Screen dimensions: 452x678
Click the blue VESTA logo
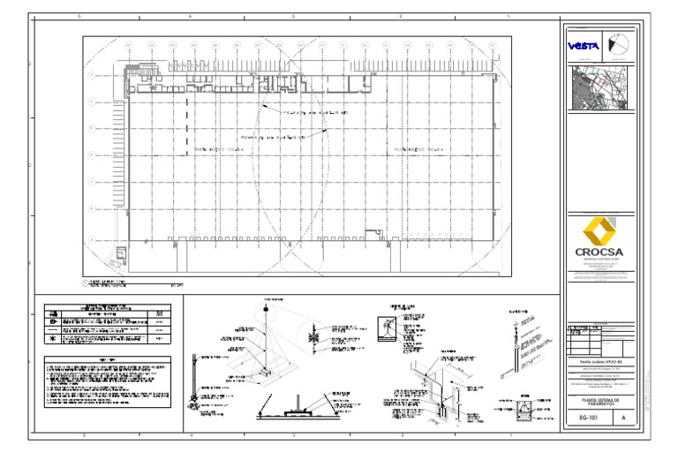tap(583, 46)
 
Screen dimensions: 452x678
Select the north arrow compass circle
tap(621, 47)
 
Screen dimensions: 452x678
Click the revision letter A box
tap(624, 418)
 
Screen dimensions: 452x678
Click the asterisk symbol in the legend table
tap(54, 338)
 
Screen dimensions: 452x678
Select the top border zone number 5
tap(80, 17)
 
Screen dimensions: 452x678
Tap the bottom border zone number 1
tap(509, 435)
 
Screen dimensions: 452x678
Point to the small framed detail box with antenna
tap(386, 328)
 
